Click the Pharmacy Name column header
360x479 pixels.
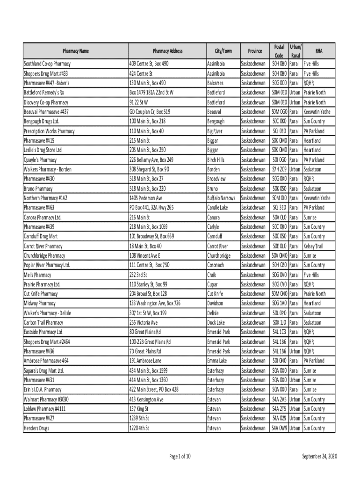(76, 51)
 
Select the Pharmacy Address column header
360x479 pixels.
(167, 51)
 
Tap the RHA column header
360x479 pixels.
(319, 51)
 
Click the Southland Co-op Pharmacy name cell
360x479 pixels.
(47, 64)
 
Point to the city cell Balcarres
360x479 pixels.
(216, 83)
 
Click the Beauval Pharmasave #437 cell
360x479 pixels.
(46, 112)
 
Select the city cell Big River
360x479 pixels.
(216, 131)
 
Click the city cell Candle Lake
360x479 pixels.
(218, 207)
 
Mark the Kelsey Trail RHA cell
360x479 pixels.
(313, 246)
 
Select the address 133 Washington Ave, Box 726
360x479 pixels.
(155, 304)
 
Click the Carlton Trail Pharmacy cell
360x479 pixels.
(43, 323)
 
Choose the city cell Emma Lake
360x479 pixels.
(217, 361)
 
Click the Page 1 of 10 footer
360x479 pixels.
(179, 457)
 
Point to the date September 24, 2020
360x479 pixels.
(319, 457)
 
